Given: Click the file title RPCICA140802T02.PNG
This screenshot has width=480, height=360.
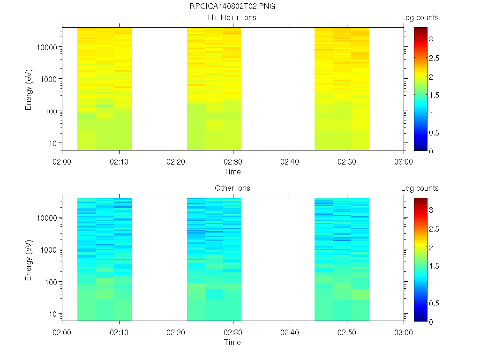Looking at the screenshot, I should (232, 7).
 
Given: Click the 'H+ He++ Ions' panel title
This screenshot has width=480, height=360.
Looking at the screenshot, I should (232, 17).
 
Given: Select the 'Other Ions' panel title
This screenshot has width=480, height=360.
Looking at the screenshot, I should (232, 188).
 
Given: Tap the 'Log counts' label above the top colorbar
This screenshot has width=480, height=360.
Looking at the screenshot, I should (420, 17).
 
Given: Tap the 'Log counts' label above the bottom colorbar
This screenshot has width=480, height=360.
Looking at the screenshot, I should (420, 188).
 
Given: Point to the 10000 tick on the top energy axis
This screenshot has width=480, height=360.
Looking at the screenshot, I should (47, 47).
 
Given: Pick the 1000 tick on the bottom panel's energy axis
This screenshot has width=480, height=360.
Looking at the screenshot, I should (49, 250).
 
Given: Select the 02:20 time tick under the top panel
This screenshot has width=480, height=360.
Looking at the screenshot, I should (176, 161).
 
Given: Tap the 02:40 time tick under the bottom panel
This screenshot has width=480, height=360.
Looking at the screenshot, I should (290, 332).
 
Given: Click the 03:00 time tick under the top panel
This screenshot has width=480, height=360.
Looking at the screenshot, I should (404, 161).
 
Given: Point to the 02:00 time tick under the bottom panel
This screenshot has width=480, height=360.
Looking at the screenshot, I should (62, 332).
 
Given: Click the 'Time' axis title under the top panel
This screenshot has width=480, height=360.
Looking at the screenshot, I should (232, 172).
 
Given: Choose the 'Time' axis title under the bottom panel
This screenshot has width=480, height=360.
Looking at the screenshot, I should (232, 342).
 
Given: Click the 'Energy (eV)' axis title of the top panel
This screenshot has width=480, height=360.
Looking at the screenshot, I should (29, 89).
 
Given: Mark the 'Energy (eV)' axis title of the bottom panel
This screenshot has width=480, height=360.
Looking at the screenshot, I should (29, 260).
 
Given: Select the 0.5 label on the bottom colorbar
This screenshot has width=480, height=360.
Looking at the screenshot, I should (436, 303).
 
